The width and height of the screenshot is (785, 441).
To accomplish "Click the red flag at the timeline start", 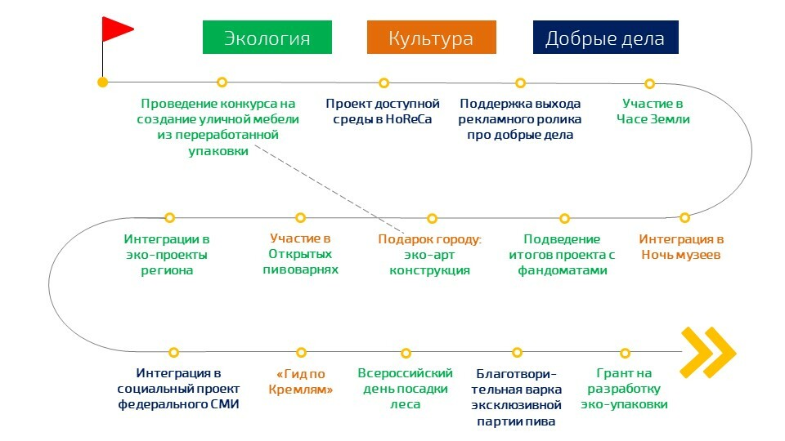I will (x=116, y=30).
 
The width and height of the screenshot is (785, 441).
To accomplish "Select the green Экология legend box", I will (x=267, y=38).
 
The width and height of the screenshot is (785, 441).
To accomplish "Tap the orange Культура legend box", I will (x=431, y=38).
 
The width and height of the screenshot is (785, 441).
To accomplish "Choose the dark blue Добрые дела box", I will (x=605, y=38).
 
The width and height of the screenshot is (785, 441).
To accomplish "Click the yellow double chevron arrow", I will (x=709, y=353).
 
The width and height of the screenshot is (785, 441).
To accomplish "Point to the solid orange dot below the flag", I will (x=102, y=82).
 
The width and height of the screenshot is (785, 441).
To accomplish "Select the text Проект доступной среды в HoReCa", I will (x=383, y=112).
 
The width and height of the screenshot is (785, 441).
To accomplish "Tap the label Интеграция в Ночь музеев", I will (x=680, y=247).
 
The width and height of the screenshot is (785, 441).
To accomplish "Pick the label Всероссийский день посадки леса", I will (x=406, y=389).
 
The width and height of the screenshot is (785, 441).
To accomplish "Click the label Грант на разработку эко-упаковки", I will (x=625, y=389).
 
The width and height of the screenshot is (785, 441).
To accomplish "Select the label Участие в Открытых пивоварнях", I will (x=300, y=254).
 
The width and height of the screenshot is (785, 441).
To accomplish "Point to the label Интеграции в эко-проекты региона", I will (x=167, y=254).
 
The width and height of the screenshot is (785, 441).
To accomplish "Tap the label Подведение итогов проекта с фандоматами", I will (x=562, y=254).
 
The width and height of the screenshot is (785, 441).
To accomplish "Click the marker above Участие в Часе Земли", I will (x=649, y=83).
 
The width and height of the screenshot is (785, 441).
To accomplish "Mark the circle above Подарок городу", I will (x=432, y=219).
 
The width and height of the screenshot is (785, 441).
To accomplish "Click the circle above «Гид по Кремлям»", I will (x=302, y=352).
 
